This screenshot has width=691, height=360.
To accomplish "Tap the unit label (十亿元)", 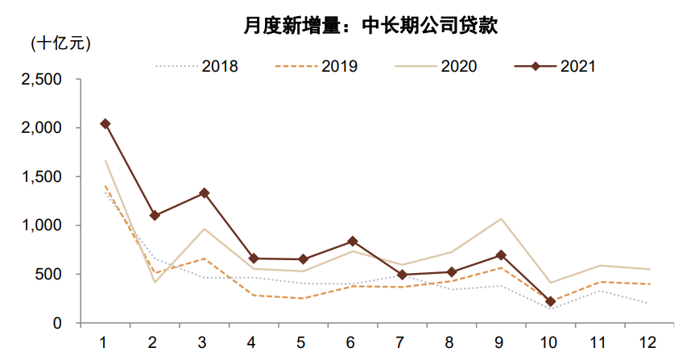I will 60,43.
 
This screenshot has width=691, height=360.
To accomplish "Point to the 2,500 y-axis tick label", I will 44,80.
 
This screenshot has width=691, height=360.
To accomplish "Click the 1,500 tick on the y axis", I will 44,177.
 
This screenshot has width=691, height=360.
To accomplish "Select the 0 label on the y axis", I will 61,323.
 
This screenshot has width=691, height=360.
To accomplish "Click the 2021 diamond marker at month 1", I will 105,124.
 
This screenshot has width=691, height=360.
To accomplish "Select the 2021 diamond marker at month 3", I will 205,193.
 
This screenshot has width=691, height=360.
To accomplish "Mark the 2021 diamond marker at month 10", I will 549,302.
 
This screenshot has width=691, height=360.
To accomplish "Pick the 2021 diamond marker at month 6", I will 353,242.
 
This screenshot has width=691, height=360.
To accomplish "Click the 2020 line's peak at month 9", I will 500,219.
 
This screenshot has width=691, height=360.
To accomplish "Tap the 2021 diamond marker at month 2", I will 155,216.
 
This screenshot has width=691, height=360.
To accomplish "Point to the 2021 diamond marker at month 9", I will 500,255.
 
